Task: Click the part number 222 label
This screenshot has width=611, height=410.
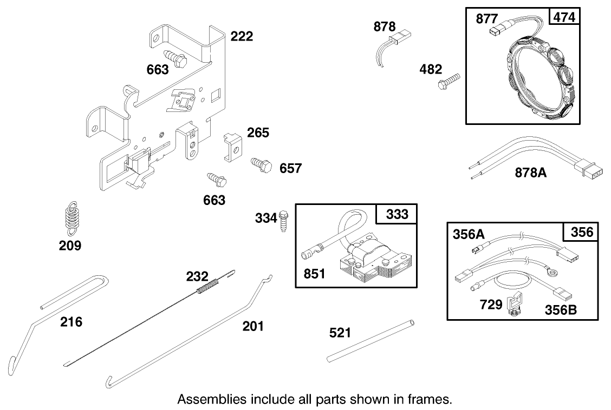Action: (242, 36)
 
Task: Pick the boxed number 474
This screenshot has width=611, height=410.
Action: (564, 17)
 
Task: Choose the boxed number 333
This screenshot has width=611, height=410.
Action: (397, 215)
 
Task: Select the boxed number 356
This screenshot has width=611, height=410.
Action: (582, 233)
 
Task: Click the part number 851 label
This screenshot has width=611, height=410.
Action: (315, 274)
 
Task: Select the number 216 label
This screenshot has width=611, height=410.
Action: (71, 322)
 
